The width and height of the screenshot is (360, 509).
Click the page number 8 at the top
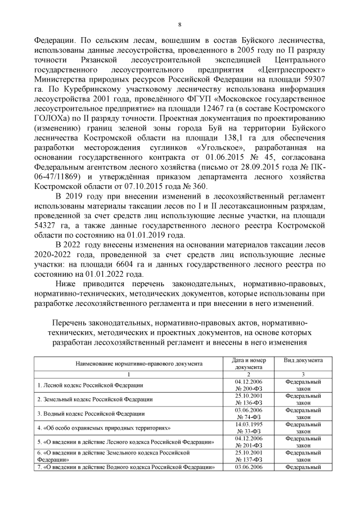click(179, 24)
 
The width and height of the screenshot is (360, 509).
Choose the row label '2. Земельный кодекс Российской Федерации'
click(94, 399)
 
